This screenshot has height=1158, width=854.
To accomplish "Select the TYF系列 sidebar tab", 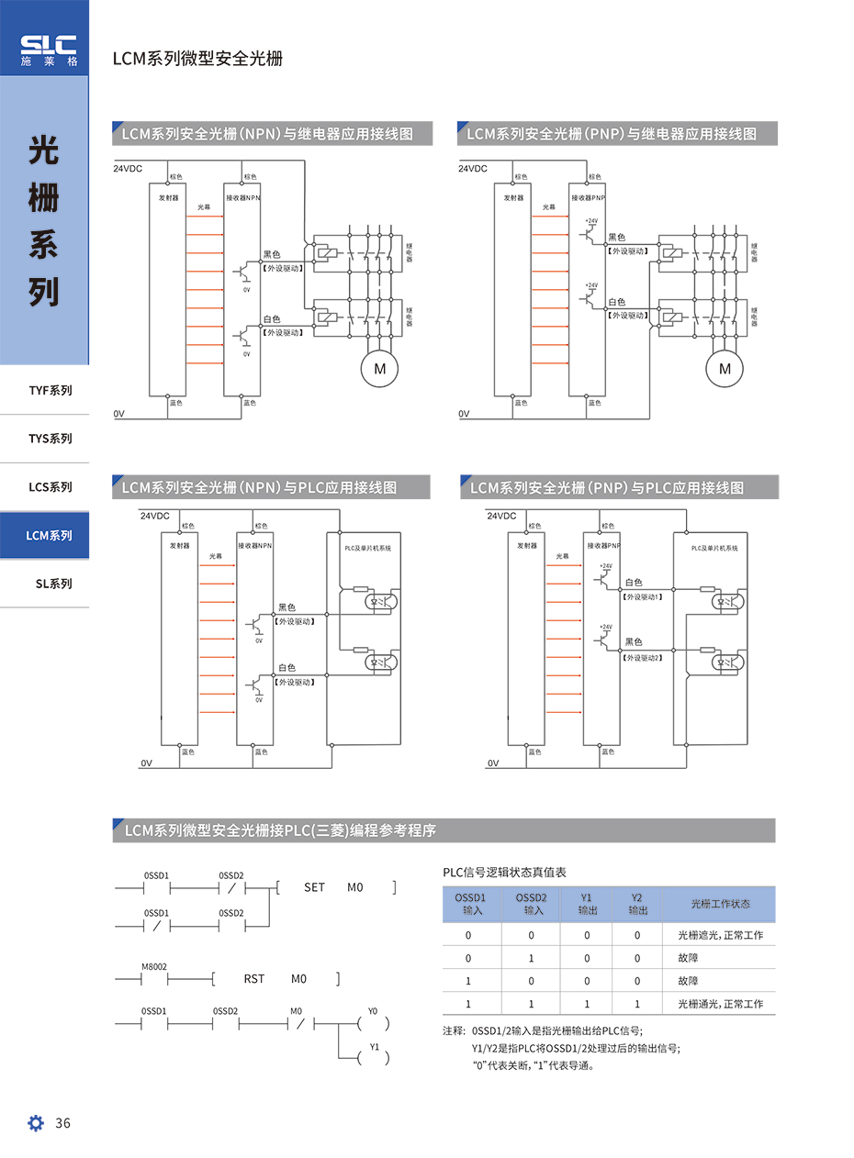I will (50, 390).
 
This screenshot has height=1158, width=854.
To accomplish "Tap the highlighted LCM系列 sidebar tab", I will (50, 535).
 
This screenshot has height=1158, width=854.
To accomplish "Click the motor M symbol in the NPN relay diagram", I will (379, 369).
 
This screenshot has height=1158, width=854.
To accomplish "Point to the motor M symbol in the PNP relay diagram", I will (725, 369).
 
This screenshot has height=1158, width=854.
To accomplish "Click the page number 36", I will (63, 1123).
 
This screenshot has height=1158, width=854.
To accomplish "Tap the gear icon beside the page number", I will (36, 1123).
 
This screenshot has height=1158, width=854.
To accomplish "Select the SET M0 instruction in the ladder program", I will (334, 887).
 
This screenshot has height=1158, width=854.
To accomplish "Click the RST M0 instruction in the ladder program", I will (275, 979).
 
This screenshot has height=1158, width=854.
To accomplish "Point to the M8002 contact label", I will (154, 967).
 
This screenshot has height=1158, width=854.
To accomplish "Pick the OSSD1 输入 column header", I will (472, 904).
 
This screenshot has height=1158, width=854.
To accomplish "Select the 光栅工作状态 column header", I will (720, 904).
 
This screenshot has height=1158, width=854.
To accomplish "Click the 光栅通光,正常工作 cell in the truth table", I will (720, 1004).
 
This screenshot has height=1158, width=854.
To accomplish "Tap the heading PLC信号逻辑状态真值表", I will (504, 872).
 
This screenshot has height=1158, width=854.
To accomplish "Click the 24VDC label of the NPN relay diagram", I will (128, 169).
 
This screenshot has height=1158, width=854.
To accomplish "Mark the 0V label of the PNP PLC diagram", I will (493, 763).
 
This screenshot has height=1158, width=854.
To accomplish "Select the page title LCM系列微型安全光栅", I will (197, 59).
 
